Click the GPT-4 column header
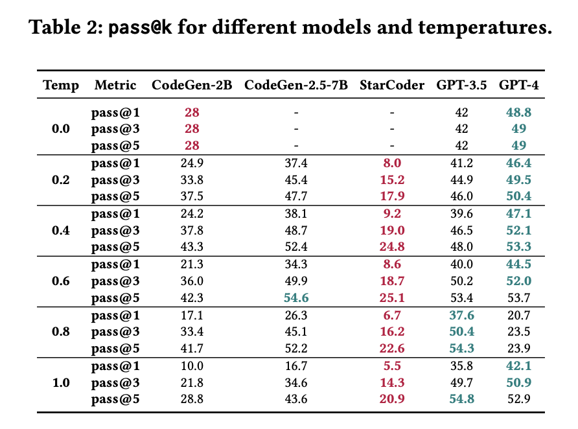click(x=518, y=85)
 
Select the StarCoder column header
click(x=392, y=85)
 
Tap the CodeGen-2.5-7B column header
click(x=295, y=85)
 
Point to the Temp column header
click(x=61, y=85)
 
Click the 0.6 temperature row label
click(x=61, y=281)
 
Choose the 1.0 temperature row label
click(x=61, y=382)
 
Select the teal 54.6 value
click(x=295, y=298)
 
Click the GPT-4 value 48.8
click(x=518, y=112)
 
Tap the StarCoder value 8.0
click(x=392, y=163)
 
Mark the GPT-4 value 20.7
click(x=518, y=315)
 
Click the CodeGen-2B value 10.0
click(x=192, y=365)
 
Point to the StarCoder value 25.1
click(x=392, y=298)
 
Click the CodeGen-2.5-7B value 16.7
click(x=295, y=365)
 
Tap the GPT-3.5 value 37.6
click(x=461, y=315)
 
